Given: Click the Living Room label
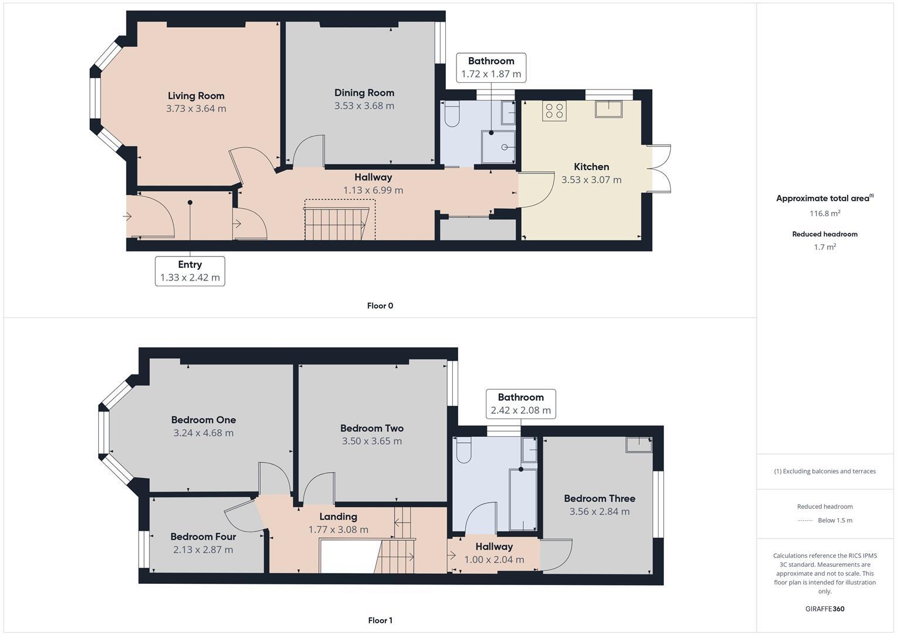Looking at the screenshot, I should [x=196, y=96].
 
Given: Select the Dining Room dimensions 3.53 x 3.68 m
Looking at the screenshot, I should [x=364, y=106].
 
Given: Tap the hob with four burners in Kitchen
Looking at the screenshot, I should [x=554, y=111].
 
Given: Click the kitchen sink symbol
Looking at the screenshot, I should [x=608, y=109].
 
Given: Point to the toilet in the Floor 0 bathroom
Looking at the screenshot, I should [x=452, y=113].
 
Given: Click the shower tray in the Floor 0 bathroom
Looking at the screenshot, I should [x=498, y=146].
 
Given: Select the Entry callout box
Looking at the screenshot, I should [x=190, y=271].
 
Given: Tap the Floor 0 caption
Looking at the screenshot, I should [x=379, y=306].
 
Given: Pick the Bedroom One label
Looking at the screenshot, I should [x=203, y=420].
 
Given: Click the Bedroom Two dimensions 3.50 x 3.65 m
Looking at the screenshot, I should [x=372, y=441].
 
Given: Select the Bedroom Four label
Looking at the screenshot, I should [x=203, y=536].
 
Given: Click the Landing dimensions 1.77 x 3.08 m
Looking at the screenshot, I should [x=338, y=530].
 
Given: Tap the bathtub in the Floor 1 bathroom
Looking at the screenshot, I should [x=522, y=500].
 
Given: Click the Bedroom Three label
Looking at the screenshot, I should [x=599, y=499].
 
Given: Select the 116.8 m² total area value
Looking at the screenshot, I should [x=824, y=213].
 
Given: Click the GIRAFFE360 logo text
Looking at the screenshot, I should [x=824, y=609].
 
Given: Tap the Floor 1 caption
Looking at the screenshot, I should [x=379, y=620].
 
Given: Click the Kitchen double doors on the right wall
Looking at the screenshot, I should [x=659, y=169].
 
